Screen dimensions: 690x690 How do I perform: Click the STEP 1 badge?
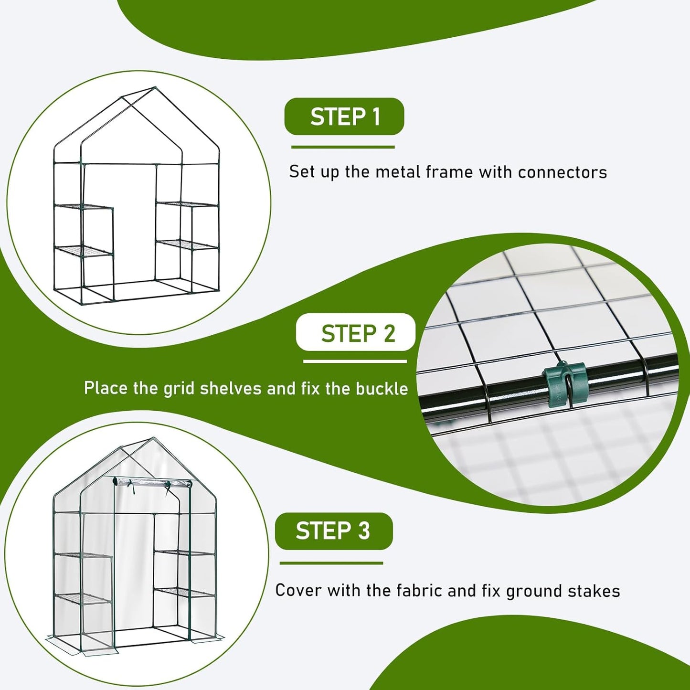[344, 117]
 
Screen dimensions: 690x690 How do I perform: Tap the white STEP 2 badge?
[356, 333]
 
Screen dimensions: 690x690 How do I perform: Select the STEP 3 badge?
[334, 531]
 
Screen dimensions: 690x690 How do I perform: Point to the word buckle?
[382, 388]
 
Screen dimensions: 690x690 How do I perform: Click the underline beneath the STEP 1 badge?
[343, 147]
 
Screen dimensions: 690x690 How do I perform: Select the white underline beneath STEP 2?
[355, 361]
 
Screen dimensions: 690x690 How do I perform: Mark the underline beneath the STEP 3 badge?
[331, 563]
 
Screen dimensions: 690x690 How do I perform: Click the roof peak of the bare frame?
[155, 88]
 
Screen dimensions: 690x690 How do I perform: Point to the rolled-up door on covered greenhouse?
[152, 483]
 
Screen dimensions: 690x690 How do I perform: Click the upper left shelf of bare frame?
[84, 207]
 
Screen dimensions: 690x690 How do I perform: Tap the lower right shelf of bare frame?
[187, 244]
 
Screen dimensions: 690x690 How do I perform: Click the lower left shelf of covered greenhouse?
[83, 598]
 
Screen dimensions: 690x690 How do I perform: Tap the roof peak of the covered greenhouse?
[153, 438]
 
